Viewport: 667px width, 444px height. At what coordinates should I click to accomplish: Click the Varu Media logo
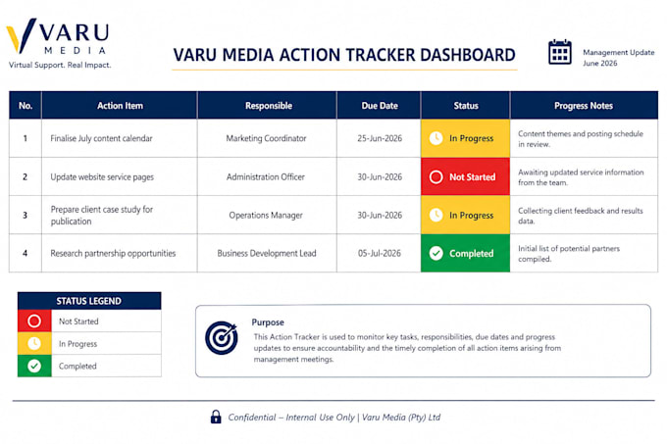click(x=58, y=43)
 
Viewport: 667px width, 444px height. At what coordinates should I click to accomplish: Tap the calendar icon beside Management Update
click(x=559, y=52)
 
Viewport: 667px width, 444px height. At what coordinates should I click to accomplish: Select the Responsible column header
click(x=269, y=106)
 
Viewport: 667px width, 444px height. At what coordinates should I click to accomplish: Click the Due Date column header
click(x=380, y=106)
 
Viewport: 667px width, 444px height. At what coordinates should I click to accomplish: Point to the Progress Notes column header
click(x=584, y=106)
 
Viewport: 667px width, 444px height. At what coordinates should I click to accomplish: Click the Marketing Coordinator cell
click(x=266, y=138)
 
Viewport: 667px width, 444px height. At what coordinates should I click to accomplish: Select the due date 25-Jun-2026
click(x=380, y=138)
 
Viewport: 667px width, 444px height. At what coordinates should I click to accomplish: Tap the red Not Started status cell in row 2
click(x=465, y=176)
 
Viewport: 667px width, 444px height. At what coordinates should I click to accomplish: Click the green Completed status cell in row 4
click(x=465, y=253)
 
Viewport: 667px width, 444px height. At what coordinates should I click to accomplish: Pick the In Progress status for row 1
click(x=465, y=138)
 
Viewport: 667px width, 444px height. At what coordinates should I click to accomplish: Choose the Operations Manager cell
click(x=266, y=215)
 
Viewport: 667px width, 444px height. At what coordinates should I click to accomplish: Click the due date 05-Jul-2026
click(x=380, y=253)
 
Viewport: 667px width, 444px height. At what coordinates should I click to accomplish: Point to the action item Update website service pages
click(x=102, y=176)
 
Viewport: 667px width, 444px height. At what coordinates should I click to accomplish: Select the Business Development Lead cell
click(x=267, y=253)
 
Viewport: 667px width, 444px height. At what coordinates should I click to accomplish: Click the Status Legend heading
click(x=89, y=301)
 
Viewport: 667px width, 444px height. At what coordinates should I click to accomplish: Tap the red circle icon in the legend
click(x=34, y=321)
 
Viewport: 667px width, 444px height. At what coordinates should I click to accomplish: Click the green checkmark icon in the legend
click(x=34, y=366)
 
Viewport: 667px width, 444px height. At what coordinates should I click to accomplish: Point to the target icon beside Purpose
click(x=222, y=338)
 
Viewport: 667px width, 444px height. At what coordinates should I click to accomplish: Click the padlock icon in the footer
click(x=216, y=417)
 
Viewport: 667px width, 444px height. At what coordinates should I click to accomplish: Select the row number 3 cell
click(x=26, y=215)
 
